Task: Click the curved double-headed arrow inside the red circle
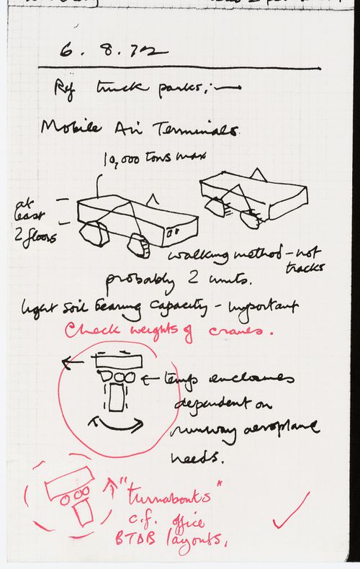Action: tap(112, 424)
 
